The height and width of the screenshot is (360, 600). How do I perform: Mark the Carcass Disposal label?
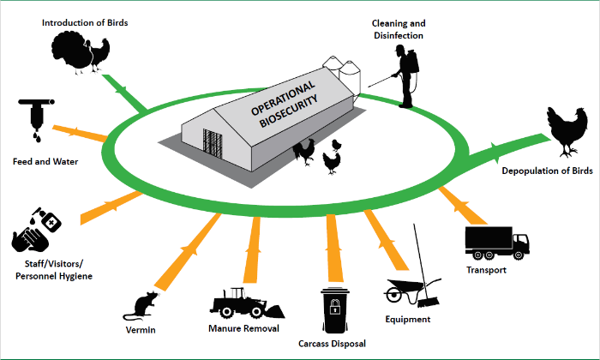point(333,345)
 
